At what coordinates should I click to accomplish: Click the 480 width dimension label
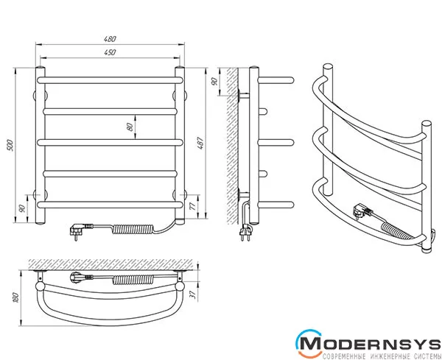tap(110, 39)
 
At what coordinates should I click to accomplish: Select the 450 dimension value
tap(110, 52)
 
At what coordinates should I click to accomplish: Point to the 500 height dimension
tap(10, 145)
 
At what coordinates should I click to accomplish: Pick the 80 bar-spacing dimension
tap(130, 127)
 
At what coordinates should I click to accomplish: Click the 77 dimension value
tap(193, 206)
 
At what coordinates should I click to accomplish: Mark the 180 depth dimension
tap(15, 297)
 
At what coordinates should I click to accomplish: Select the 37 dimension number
tap(193, 294)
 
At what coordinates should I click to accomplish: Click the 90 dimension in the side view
tap(214, 82)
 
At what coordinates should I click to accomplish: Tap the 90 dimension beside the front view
tap(21, 208)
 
